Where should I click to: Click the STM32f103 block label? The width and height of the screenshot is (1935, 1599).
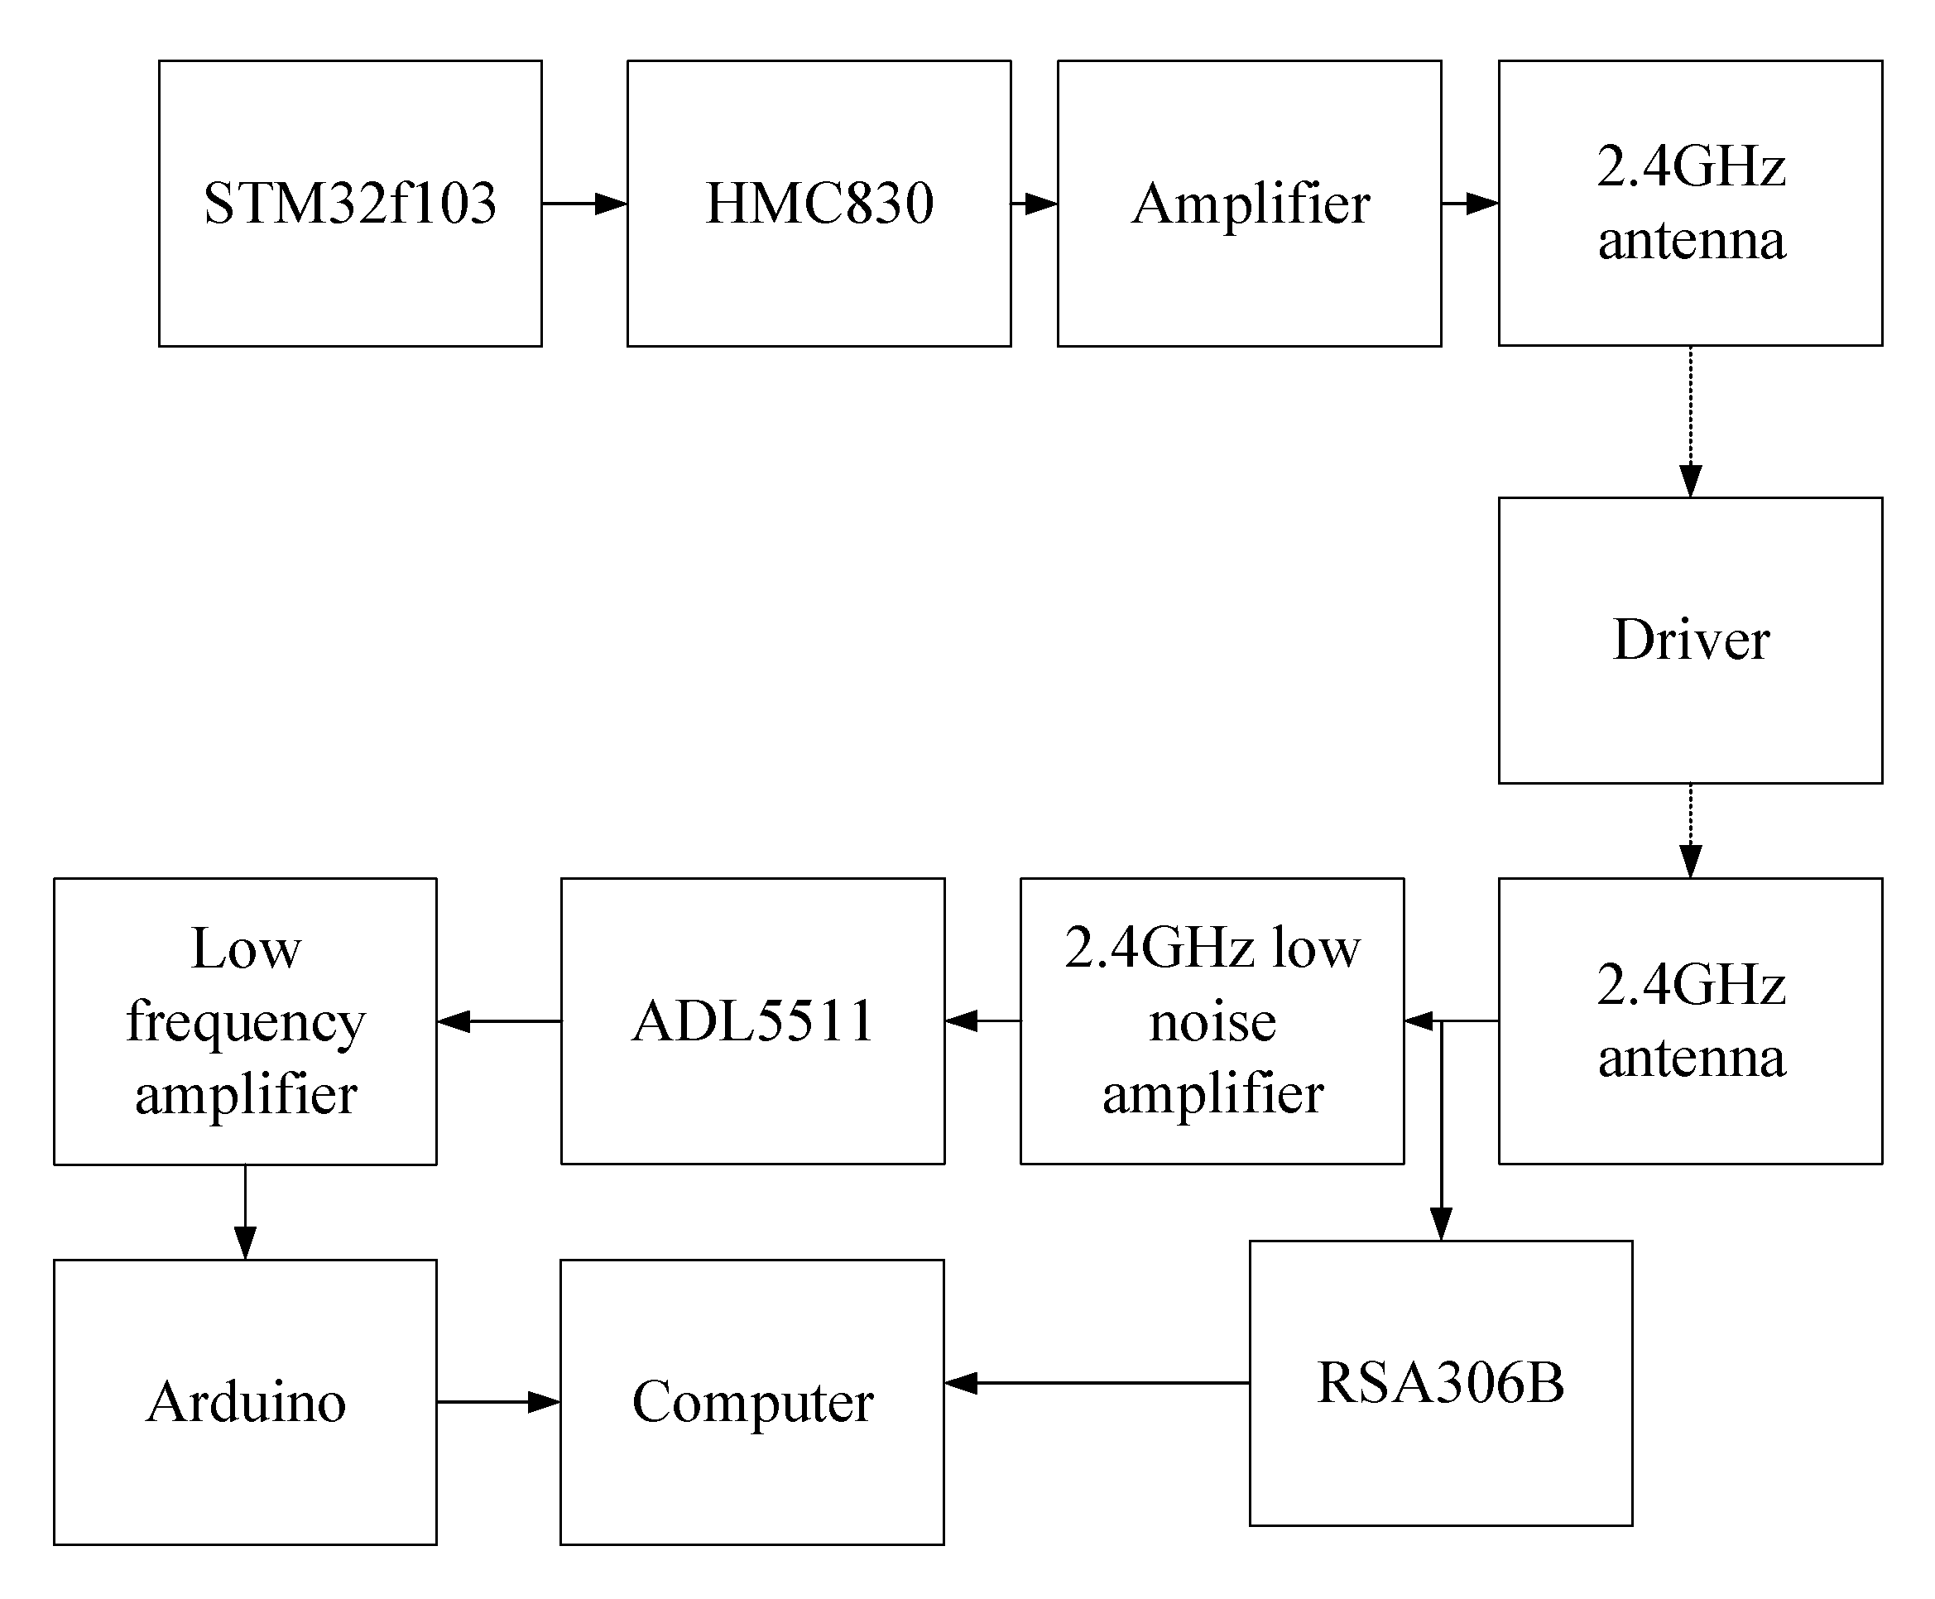[349, 203]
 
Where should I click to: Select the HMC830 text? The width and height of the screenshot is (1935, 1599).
[818, 203]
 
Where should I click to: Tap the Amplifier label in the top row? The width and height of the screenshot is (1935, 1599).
[1250, 203]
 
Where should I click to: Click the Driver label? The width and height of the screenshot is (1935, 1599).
[1690, 639]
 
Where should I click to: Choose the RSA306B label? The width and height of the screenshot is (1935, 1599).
[1439, 1381]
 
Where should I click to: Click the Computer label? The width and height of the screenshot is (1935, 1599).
[751, 1401]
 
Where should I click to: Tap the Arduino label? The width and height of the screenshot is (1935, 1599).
[245, 1401]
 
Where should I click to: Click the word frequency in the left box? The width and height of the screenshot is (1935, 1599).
[245, 1021]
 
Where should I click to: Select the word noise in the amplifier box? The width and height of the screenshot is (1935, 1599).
[1212, 1021]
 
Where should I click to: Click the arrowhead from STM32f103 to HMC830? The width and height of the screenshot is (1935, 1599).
[610, 203]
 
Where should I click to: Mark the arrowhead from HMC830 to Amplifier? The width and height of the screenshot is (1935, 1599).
[1040, 203]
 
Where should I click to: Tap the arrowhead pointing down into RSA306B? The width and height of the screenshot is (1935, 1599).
[1440, 1223]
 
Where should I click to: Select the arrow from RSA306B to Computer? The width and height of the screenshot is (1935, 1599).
[1096, 1382]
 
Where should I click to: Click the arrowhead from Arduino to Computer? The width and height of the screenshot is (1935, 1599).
[544, 1402]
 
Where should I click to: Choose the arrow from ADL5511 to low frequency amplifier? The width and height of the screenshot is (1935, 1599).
[498, 1020]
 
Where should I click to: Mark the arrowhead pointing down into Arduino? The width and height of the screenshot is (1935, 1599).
[245, 1241]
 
